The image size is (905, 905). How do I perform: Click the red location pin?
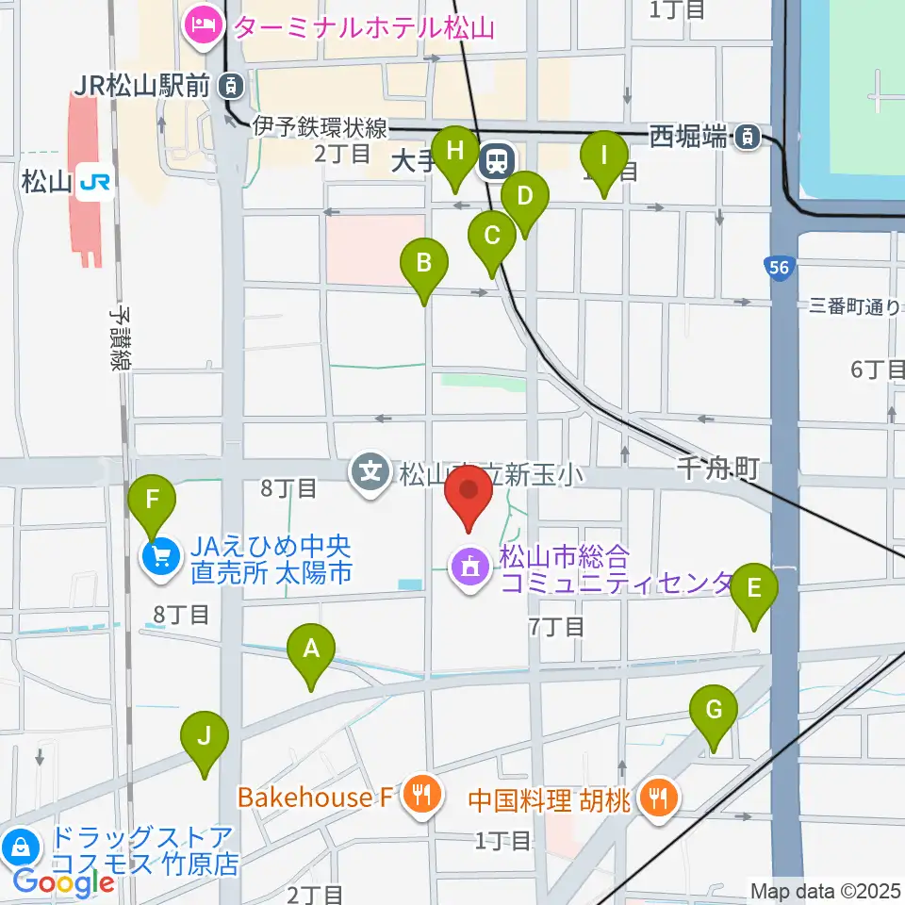coord(468,494)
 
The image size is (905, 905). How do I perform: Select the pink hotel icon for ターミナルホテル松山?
coord(203,24)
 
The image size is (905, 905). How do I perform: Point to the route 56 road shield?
coord(779,269)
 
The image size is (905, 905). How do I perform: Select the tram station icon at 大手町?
coord(496,161)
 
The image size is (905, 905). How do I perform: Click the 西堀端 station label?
coord(689,137)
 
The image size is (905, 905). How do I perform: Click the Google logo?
coord(63,883)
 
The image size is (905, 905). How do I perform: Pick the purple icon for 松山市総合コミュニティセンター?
coord(470,567)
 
